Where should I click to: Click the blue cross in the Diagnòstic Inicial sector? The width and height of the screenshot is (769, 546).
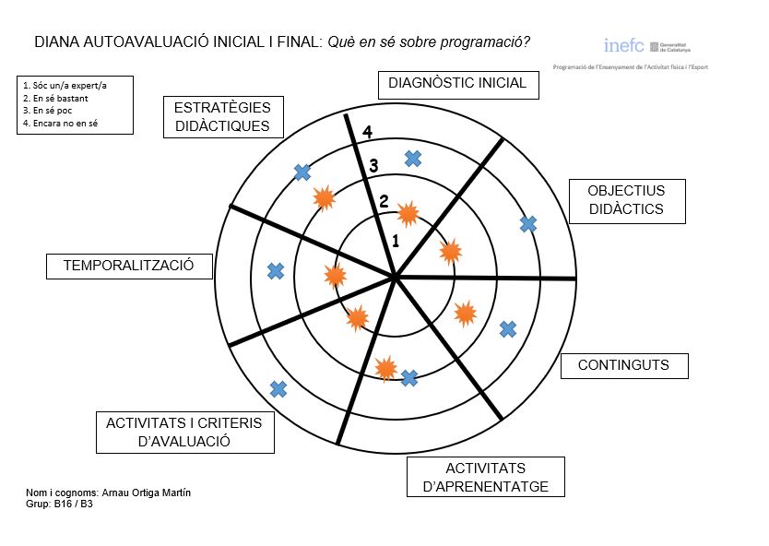click(x=413, y=159)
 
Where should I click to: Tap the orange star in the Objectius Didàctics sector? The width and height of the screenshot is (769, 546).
click(x=450, y=251)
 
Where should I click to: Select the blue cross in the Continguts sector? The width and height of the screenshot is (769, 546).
click(x=507, y=328)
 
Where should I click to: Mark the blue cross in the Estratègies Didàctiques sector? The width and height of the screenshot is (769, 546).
click(x=302, y=172)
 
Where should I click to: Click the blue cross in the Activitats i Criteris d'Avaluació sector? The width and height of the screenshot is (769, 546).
click(x=278, y=388)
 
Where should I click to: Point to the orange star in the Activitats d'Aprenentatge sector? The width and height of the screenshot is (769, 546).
click(x=386, y=369)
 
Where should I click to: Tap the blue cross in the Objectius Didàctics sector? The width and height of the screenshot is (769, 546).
click(x=528, y=223)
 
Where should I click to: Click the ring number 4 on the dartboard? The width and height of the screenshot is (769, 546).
click(x=367, y=132)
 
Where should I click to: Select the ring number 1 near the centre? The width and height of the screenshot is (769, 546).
click(x=395, y=242)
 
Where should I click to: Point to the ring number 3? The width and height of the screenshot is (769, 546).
click(x=373, y=167)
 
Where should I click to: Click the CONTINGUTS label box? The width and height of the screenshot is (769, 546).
click(x=623, y=365)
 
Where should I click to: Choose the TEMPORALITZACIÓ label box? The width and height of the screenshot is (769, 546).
click(x=128, y=266)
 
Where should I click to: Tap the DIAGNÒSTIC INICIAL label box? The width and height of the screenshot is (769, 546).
click(x=457, y=83)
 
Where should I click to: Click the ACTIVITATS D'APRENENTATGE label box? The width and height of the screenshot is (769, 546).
click(x=485, y=478)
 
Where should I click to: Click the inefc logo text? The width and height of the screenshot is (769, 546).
click(x=623, y=45)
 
